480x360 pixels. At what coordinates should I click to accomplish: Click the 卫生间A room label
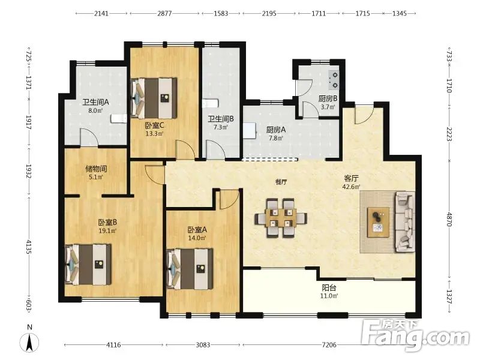(95, 102)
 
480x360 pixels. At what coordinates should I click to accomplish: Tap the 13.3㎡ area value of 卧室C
(154, 133)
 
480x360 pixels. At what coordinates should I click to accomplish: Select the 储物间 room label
(96, 169)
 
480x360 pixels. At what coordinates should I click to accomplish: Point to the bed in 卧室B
(88, 264)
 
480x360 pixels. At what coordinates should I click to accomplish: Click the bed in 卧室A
(190, 269)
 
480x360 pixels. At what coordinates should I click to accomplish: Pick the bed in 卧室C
(154, 98)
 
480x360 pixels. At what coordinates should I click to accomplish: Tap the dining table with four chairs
(281, 218)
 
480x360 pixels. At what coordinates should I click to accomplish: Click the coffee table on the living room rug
(379, 222)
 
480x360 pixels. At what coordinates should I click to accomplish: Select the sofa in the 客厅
(405, 221)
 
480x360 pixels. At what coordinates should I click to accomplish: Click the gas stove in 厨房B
(334, 80)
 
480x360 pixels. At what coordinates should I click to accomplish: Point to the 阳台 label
(329, 288)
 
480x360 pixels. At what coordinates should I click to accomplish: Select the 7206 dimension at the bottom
(329, 345)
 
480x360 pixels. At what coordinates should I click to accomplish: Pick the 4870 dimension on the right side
(449, 219)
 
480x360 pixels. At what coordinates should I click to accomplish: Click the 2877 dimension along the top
(164, 13)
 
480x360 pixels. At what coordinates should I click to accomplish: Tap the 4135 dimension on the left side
(28, 247)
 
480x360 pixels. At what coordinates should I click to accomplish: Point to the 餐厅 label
(281, 182)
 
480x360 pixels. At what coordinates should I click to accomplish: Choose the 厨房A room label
(276, 130)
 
